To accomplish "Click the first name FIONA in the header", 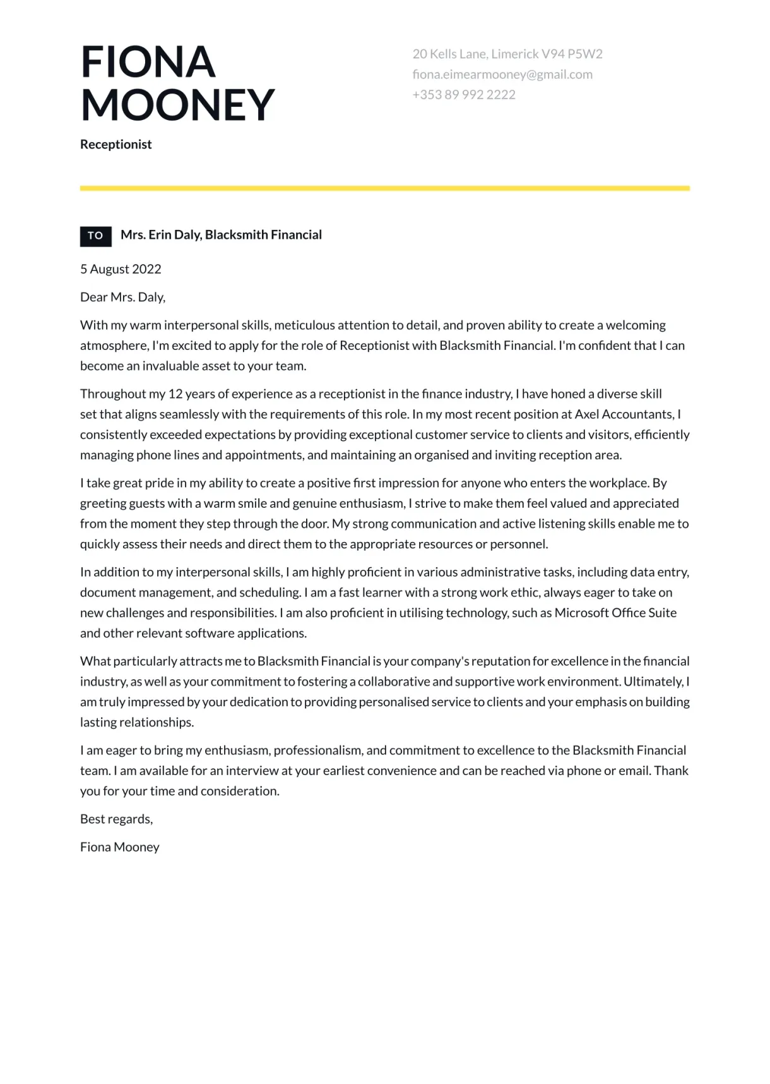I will (148, 62).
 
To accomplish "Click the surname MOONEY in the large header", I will (177, 104).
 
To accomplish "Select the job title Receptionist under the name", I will (116, 144).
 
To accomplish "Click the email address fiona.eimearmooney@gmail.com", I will (502, 75).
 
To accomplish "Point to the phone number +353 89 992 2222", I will (464, 95).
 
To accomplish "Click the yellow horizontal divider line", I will (385, 188).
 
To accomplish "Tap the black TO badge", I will (95, 236).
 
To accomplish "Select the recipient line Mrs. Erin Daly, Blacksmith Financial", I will (221, 235).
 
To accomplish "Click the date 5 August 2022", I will (121, 269).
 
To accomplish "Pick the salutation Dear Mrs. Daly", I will (122, 297).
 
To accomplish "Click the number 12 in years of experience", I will (175, 394).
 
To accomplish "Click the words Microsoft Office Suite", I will (615, 613).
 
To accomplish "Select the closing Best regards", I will (116, 819).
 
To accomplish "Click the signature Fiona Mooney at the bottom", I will (120, 847).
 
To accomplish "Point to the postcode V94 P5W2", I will (572, 54).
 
